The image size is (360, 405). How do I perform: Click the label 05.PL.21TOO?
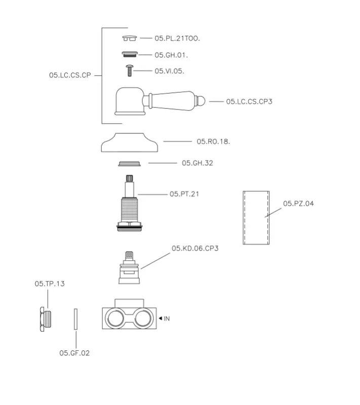[x=174, y=38]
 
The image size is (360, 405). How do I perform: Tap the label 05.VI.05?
[x=169, y=71]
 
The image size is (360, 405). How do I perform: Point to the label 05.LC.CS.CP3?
[x=249, y=101]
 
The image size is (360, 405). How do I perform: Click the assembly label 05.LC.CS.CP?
[x=70, y=75]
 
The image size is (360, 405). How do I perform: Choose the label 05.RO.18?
[x=213, y=141]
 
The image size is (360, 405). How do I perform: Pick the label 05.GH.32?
[x=197, y=163]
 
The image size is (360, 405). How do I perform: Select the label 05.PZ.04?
[x=298, y=204]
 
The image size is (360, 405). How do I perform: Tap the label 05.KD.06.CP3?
[x=195, y=248]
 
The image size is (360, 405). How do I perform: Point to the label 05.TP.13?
[x=50, y=284]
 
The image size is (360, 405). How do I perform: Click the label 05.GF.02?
[x=74, y=353]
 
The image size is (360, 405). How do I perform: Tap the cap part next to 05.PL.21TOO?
[x=130, y=37]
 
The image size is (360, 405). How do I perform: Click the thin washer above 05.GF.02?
[x=75, y=318]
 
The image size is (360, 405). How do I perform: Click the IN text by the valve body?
[x=167, y=318]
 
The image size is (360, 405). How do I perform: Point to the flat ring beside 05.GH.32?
[x=129, y=163]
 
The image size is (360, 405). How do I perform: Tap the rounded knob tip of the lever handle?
[x=202, y=101]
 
